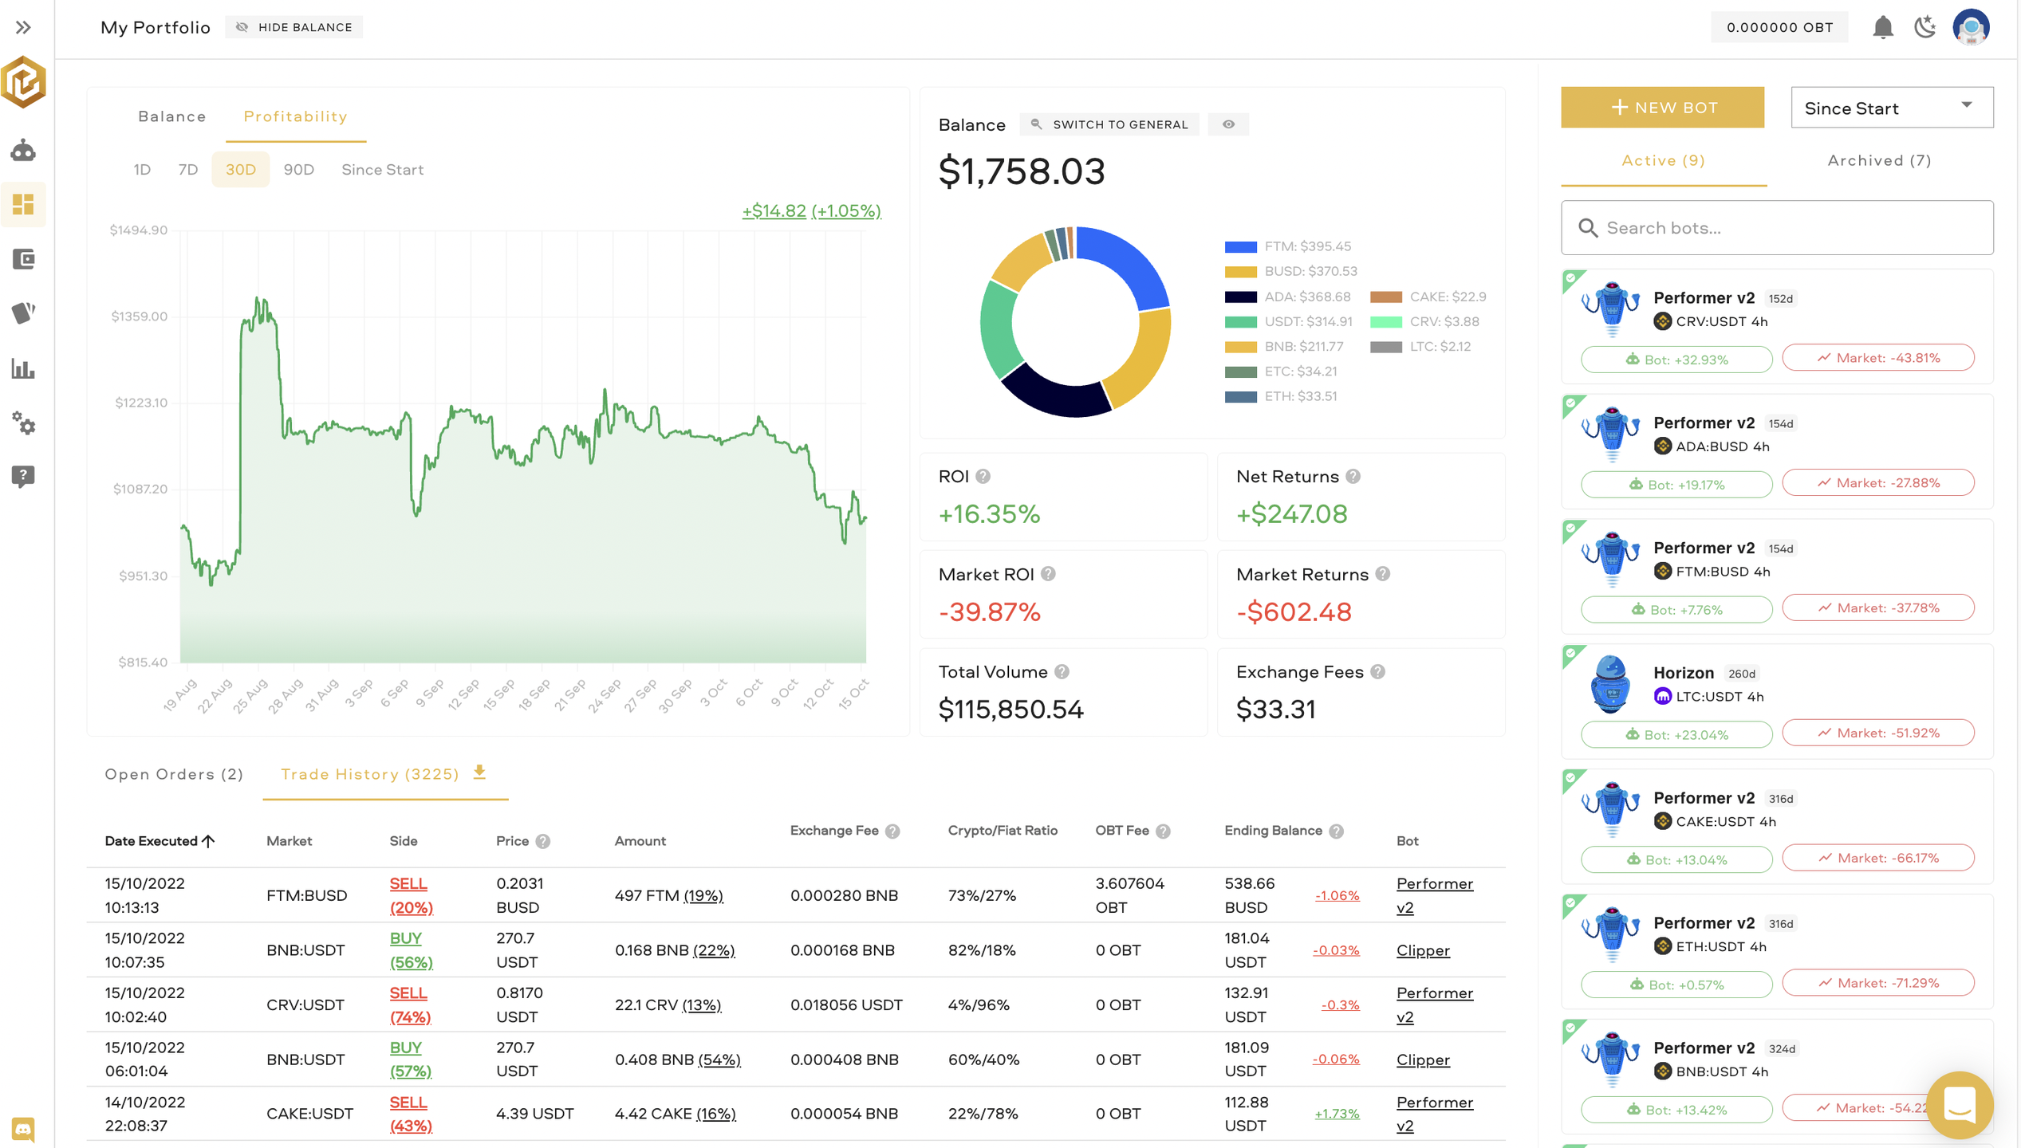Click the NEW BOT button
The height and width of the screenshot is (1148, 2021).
click(x=1661, y=108)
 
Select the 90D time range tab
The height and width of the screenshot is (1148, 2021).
click(x=299, y=170)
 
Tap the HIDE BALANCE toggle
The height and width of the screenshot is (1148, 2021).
click(x=294, y=27)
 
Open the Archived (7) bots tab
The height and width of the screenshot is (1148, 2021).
click(x=1879, y=161)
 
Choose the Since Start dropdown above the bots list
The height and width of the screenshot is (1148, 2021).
click(x=1891, y=108)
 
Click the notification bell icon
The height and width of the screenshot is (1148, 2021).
click(x=1882, y=27)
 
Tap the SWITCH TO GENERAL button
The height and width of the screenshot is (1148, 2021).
click(x=1110, y=124)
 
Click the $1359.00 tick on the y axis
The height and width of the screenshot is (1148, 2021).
click(x=140, y=316)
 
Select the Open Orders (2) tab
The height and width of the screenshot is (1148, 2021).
click(x=174, y=774)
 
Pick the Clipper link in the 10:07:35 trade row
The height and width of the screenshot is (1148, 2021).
click(x=1423, y=950)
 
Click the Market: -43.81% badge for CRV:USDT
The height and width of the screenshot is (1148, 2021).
click(x=1878, y=358)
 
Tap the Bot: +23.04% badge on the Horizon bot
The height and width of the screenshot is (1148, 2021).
click(x=1676, y=734)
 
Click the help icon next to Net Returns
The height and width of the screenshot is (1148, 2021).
click(x=1353, y=477)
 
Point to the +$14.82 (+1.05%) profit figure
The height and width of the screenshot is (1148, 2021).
click(x=811, y=211)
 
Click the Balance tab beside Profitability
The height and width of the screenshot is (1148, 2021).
click(x=172, y=116)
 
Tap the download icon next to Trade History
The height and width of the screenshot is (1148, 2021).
click(x=479, y=773)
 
